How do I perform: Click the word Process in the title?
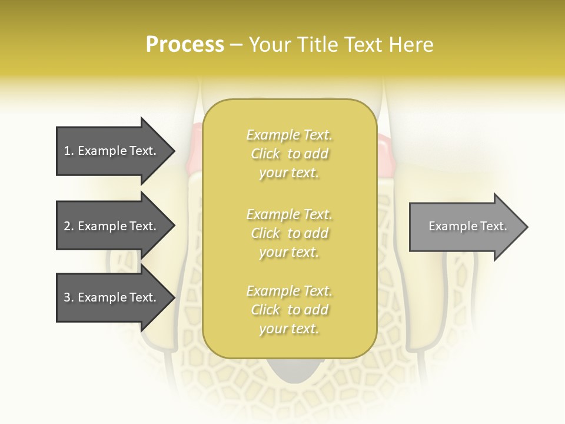(x=185, y=45)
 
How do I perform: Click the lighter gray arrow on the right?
(x=465, y=227)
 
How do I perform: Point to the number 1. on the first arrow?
(x=69, y=151)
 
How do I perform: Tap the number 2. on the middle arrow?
(x=69, y=226)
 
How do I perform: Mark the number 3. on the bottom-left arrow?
(x=69, y=297)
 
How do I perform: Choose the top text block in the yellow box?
(x=289, y=154)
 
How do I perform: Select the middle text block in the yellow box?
(x=289, y=233)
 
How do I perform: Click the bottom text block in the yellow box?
(x=289, y=310)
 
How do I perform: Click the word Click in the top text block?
(x=265, y=154)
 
